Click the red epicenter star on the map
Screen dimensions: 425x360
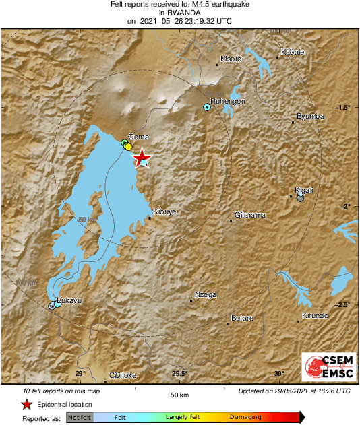(x=142, y=159)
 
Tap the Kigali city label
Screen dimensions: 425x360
(x=305, y=191)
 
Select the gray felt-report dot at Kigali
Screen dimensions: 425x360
(x=300, y=198)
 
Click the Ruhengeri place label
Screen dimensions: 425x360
(x=227, y=100)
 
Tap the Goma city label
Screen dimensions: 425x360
(x=138, y=137)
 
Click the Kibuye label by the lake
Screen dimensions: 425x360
(x=165, y=211)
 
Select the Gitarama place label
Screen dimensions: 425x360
(x=250, y=216)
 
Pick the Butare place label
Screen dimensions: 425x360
(x=242, y=318)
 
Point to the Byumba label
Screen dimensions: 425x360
(x=311, y=116)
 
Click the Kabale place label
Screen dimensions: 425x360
(x=293, y=52)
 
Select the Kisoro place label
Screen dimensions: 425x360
(x=231, y=59)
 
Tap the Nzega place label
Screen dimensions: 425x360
(x=206, y=295)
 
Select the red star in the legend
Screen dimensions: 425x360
(x=26, y=404)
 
